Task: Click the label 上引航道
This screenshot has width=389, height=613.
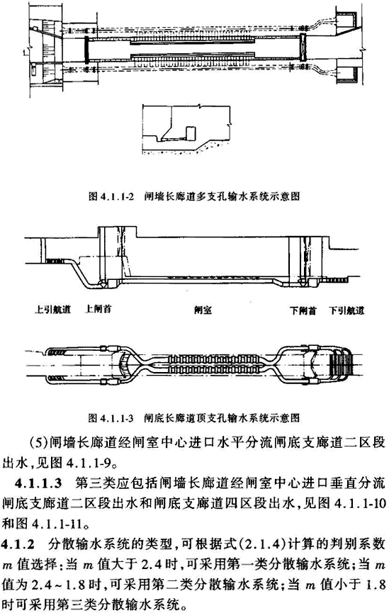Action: click(52, 310)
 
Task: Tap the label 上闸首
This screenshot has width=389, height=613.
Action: click(98, 309)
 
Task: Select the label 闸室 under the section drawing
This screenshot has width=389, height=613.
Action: click(203, 310)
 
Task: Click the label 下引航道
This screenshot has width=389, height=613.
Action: click(346, 310)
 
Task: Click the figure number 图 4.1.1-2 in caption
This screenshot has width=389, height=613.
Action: click(111, 196)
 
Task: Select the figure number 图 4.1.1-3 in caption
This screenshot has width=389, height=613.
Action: click(111, 418)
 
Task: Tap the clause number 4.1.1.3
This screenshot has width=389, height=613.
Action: click(38, 483)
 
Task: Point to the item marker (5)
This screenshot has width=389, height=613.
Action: click(38, 442)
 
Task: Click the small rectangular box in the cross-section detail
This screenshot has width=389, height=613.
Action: click(191, 133)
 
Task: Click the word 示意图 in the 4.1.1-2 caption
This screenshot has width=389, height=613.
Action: click(288, 196)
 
